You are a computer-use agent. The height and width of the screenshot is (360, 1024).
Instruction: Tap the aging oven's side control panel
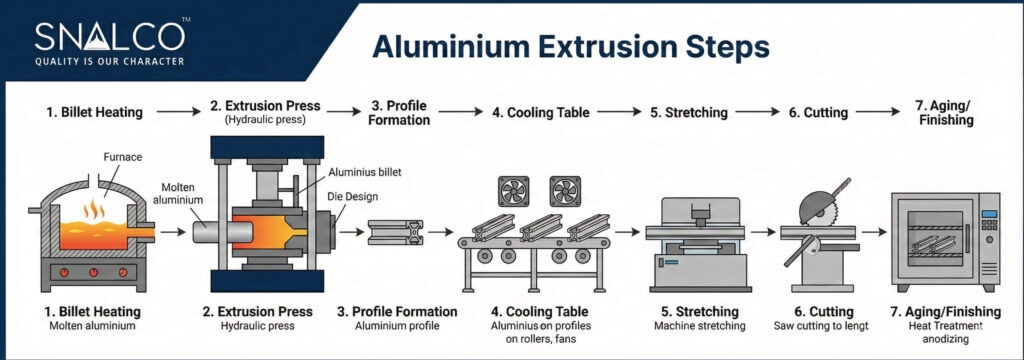tap(987, 235)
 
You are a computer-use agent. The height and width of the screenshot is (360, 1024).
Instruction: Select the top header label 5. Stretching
tap(689, 113)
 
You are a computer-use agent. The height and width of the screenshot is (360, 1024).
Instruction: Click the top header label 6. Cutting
tap(820, 113)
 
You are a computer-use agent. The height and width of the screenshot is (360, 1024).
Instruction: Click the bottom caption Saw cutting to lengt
tap(820, 326)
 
